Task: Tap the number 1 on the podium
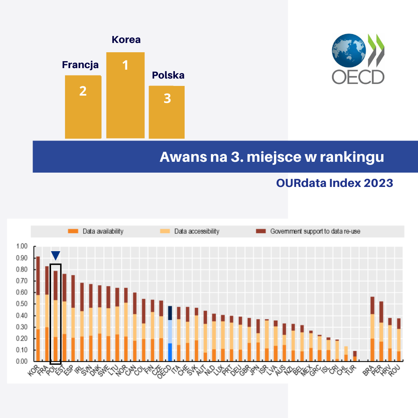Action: click(x=125, y=65)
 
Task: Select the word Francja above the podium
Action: click(x=80, y=65)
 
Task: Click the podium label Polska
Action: click(x=168, y=75)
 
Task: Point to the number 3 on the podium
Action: click(x=167, y=99)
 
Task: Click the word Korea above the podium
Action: click(x=126, y=39)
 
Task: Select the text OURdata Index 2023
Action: click(x=334, y=183)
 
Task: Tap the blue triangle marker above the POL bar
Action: click(x=56, y=255)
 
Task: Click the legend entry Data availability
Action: click(x=103, y=231)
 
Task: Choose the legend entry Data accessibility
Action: click(x=196, y=231)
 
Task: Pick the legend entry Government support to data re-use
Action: click(x=315, y=231)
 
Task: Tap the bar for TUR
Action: click(x=354, y=356)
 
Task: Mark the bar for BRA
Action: click(x=372, y=329)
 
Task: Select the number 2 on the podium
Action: click(x=83, y=91)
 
